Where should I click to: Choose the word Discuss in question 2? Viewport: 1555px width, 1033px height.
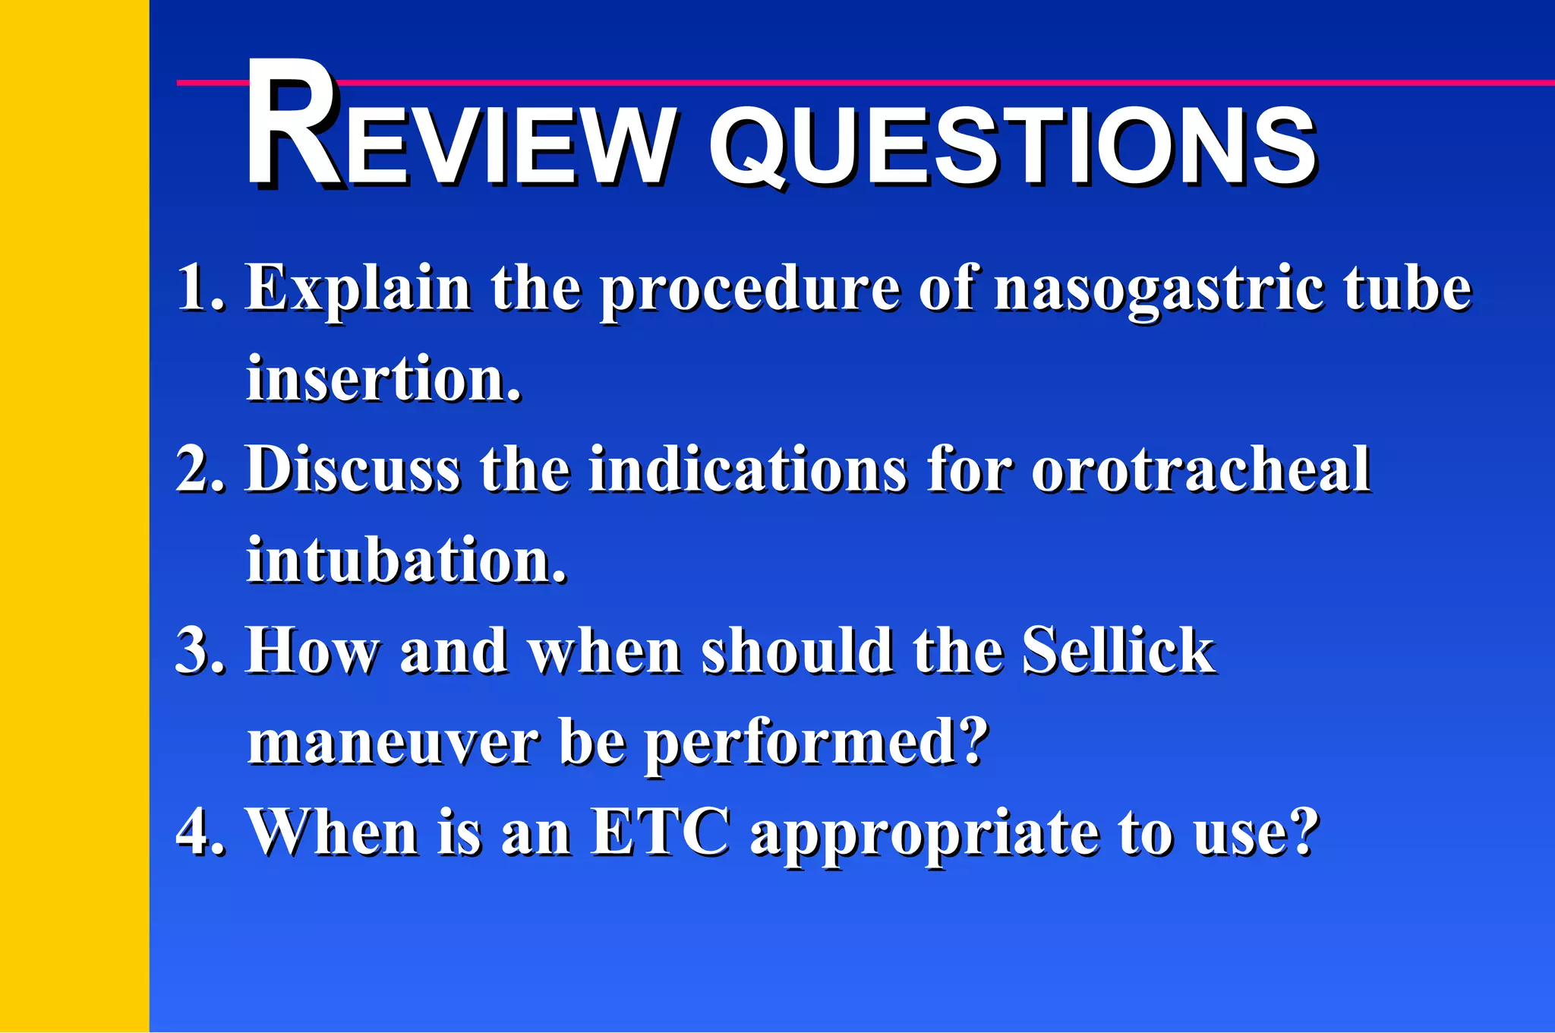(353, 469)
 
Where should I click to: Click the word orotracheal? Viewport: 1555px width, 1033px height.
(1200, 469)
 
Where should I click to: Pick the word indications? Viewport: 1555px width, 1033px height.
(748, 469)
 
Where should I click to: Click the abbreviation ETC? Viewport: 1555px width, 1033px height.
(661, 832)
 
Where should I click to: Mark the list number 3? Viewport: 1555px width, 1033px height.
(194, 651)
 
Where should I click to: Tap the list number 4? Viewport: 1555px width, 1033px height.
(194, 832)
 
